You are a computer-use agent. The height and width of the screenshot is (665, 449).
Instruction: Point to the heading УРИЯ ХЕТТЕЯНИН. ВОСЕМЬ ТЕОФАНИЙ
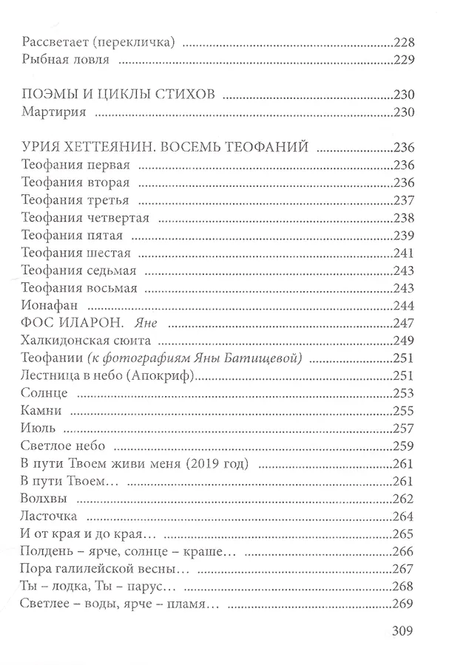(164, 146)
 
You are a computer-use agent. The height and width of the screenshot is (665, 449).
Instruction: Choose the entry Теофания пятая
(72, 236)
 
